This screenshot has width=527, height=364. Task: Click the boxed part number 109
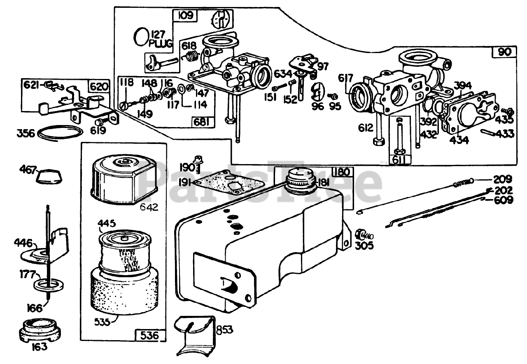[186, 15]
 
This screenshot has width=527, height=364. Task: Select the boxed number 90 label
[504, 52]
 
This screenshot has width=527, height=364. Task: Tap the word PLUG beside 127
[161, 44]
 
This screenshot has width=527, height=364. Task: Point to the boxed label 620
[99, 86]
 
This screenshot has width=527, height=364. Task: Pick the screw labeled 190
[197, 164]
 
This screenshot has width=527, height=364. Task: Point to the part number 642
[149, 207]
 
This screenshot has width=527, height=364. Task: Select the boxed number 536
[149, 335]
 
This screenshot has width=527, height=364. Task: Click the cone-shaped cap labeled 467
[49, 176]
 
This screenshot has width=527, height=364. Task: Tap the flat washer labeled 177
[49, 285]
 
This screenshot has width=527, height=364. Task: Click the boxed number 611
[399, 160]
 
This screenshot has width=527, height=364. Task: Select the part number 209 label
[503, 180]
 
